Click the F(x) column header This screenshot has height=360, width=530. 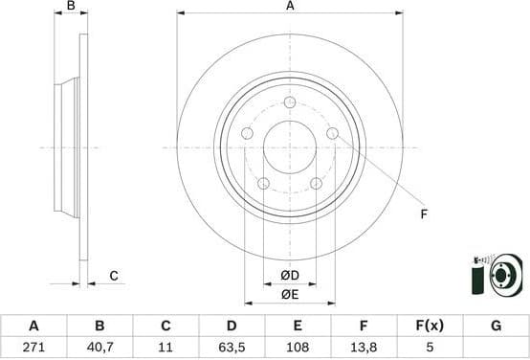pos(430,326)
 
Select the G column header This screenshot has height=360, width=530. pos(496,326)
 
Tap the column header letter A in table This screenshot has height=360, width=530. pos(34,326)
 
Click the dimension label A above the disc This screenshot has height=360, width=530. pos(290,6)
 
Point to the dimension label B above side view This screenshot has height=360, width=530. pos(70,6)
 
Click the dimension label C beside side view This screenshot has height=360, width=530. pos(113,276)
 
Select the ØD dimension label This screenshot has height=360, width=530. pos(290,277)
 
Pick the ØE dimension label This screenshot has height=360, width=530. pos(290,294)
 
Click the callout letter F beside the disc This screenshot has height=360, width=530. pos(423,214)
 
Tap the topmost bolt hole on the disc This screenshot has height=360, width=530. pos(290,102)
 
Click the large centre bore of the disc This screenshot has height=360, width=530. pos(290,147)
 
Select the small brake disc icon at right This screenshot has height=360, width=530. pos(498,276)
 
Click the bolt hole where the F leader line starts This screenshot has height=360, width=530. pos(332,133)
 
